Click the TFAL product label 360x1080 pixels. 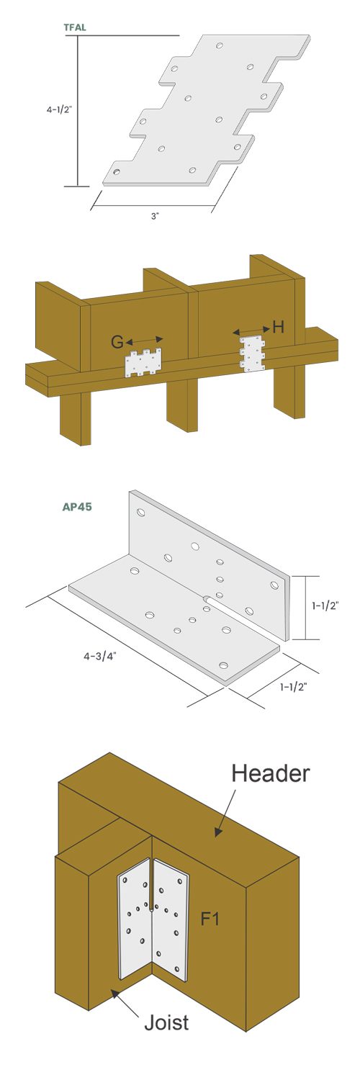75,27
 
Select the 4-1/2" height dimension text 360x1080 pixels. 59,109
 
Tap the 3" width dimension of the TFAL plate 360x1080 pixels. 155,217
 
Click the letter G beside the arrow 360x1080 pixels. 117,342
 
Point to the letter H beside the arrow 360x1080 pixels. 279,328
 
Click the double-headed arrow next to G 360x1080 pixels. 145,341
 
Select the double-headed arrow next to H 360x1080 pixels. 251,330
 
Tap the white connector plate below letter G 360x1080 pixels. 143,363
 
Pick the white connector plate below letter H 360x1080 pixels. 253,354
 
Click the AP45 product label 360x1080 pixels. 77,507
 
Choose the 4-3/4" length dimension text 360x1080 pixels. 100,656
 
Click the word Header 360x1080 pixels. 271,773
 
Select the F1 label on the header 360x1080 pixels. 210,919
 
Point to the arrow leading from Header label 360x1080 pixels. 225,813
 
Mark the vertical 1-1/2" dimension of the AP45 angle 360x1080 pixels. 325,606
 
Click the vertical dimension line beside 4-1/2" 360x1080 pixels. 77,110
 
